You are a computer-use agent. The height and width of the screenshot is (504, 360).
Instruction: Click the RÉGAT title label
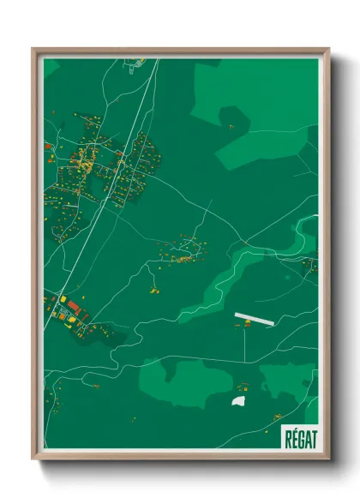tap(300, 438)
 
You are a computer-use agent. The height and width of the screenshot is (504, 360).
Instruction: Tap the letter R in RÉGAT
tap(288, 438)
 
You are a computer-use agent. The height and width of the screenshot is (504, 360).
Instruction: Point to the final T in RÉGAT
tap(313, 438)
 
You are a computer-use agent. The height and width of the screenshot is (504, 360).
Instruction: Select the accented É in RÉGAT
tap(294, 438)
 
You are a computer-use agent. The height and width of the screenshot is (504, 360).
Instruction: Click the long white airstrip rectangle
tap(255, 318)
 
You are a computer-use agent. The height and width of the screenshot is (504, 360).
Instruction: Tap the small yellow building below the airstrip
tap(247, 324)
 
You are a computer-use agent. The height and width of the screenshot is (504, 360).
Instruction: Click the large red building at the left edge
tap(73, 304)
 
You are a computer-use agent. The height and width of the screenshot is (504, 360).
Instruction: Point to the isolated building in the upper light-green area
tap(231, 126)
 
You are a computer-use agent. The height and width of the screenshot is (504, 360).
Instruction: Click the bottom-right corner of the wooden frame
tap(328, 459)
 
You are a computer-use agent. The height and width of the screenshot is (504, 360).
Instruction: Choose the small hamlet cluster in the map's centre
tap(182, 251)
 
